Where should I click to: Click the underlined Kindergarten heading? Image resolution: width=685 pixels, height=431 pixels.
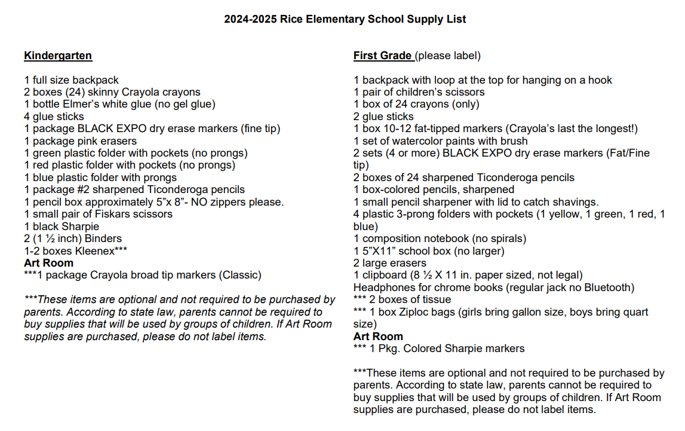coord(58,56)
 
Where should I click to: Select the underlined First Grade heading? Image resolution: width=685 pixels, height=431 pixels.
coord(382,56)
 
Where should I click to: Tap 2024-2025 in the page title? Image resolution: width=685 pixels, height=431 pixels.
coord(250,19)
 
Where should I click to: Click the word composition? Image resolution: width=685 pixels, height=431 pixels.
coord(391,239)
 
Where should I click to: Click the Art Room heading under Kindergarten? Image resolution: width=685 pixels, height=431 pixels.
coord(49,263)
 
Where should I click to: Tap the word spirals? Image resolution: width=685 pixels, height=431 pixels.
coord(506,239)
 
